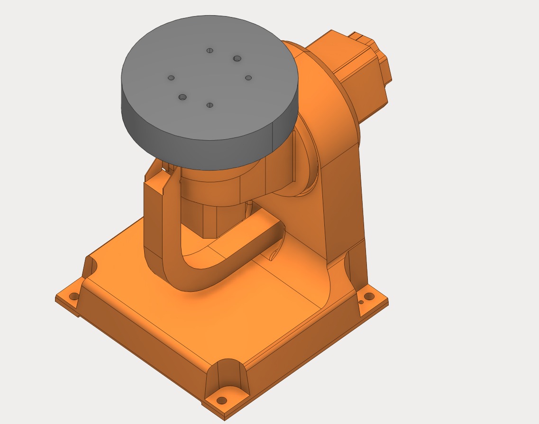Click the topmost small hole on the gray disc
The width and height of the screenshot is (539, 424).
click(x=210, y=50)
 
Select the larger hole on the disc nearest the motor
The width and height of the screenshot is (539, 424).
click(x=237, y=59)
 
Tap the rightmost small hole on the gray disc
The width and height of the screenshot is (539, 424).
click(x=248, y=78)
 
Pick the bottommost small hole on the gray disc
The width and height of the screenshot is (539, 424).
click(x=210, y=105)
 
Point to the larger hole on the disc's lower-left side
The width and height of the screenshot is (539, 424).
click(x=183, y=97)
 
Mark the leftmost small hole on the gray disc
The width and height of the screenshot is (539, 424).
click(x=171, y=78)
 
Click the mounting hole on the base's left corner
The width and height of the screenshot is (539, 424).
click(x=73, y=297)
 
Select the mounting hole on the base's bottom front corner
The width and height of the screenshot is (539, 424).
click(x=221, y=401)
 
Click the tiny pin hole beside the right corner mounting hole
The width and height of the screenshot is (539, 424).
click(x=361, y=302)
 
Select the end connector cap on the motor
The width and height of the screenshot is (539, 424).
click(x=379, y=62)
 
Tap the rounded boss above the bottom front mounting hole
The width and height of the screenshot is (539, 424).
click(x=228, y=374)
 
